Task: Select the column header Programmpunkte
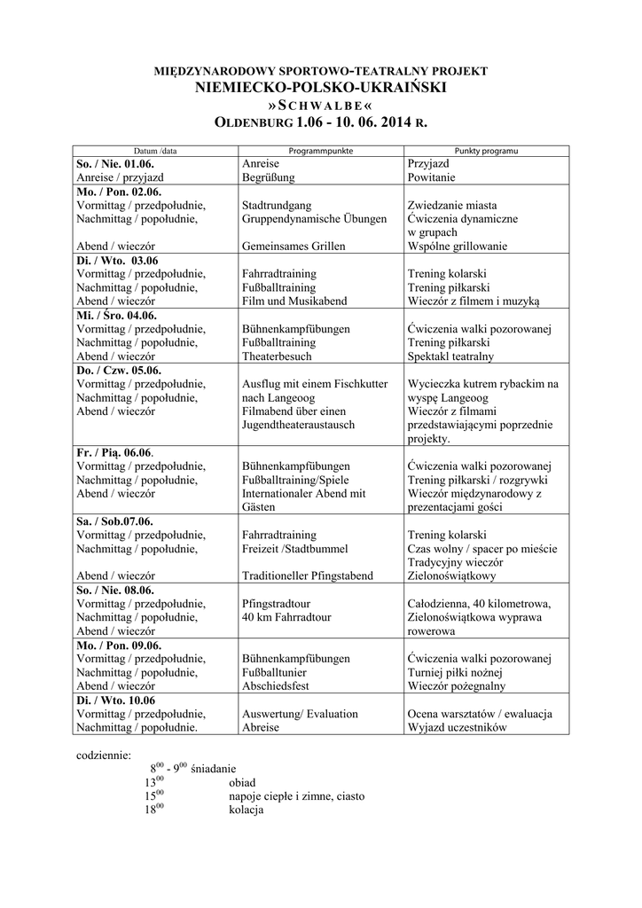click(321, 151)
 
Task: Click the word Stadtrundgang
click(276, 205)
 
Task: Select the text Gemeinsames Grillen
click(293, 246)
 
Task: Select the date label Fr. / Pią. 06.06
click(114, 452)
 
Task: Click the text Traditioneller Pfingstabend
click(307, 575)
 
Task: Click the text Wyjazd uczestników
click(457, 727)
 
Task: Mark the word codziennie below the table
click(104, 755)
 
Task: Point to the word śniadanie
click(214, 769)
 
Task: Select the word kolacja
click(247, 810)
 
